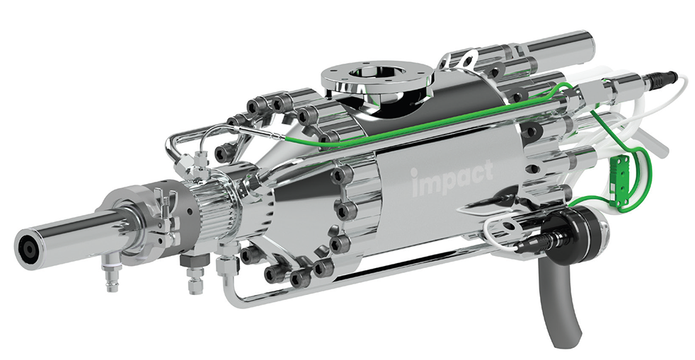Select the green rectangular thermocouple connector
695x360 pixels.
[616, 179]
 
